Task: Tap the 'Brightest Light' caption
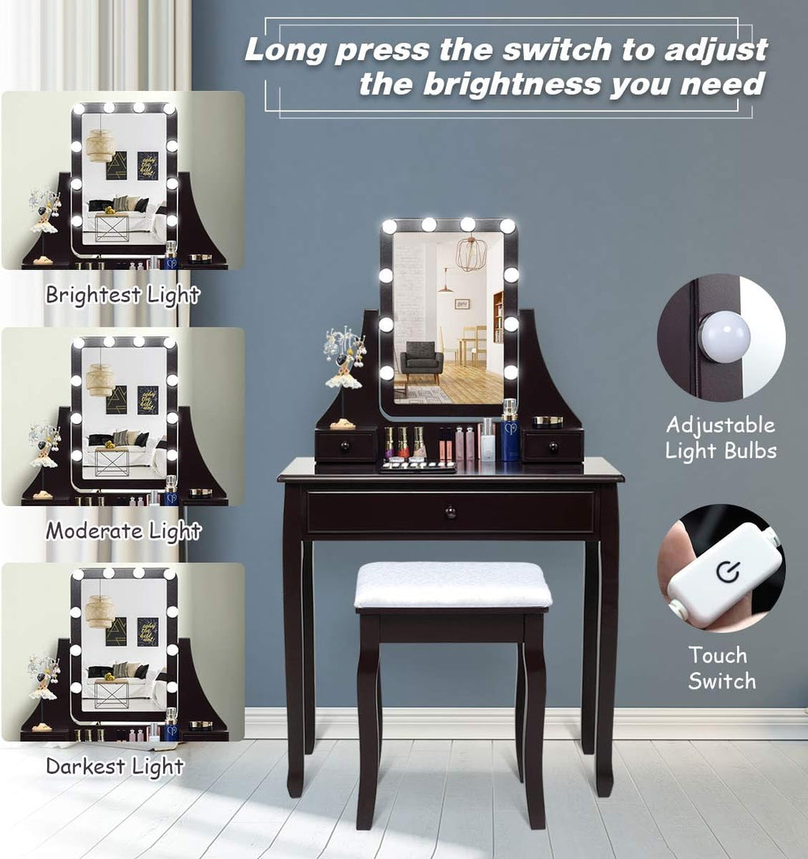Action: [122, 294]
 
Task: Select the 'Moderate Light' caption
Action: [124, 531]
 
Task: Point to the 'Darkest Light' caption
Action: [115, 766]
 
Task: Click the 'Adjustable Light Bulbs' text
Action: [721, 437]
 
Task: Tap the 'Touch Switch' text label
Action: [721, 668]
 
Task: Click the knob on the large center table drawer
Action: [450, 512]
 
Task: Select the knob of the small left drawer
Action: [345, 446]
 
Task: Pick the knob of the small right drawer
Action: [553, 447]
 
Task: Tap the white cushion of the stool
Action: [453, 585]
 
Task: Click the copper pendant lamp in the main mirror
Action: [469, 253]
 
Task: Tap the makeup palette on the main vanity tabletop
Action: [418, 467]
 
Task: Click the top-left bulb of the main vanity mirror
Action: [389, 226]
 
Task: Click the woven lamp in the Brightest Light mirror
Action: [101, 146]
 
